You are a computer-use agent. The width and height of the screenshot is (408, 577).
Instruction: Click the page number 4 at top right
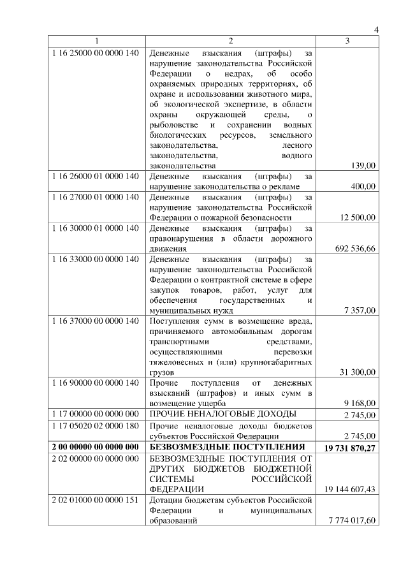[375, 31]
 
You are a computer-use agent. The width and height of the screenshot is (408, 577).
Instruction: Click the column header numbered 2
[231, 41]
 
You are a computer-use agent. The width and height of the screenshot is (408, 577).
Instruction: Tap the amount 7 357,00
[360, 310]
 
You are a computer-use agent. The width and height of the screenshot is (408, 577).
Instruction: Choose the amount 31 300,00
[358, 372]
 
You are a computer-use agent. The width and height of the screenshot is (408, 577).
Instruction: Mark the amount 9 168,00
[360, 404]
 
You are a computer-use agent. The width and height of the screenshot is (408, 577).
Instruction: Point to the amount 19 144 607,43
[350, 489]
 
